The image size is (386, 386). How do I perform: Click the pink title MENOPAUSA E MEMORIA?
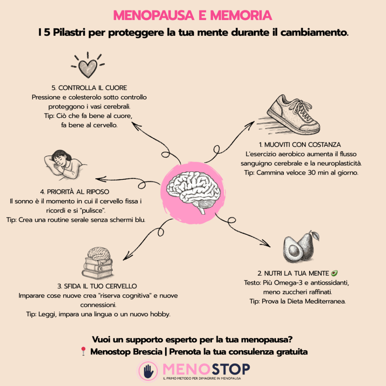click(x=193, y=15)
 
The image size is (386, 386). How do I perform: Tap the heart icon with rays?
click(x=88, y=66)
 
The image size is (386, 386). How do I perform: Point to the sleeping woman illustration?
click(x=65, y=165)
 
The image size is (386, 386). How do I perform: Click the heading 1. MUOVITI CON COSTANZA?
click(x=300, y=144)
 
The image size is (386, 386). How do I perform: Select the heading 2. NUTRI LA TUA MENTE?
click(x=293, y=273)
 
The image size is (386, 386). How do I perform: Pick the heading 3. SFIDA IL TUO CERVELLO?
click(x=97, y=286)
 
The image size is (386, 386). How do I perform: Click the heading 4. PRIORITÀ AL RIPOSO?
click(x=75, y=191)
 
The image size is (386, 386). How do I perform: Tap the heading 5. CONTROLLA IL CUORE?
click(x=89, y=88)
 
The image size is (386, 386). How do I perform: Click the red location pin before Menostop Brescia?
click(x=83, y=351)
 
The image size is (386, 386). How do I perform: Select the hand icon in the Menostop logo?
click(x=148, y=371)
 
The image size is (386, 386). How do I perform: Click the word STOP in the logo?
click(x=230, y=369)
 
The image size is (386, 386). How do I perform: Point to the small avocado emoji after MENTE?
click(x=334, y=273)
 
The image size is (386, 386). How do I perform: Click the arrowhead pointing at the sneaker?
click(x=251, y=124)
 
